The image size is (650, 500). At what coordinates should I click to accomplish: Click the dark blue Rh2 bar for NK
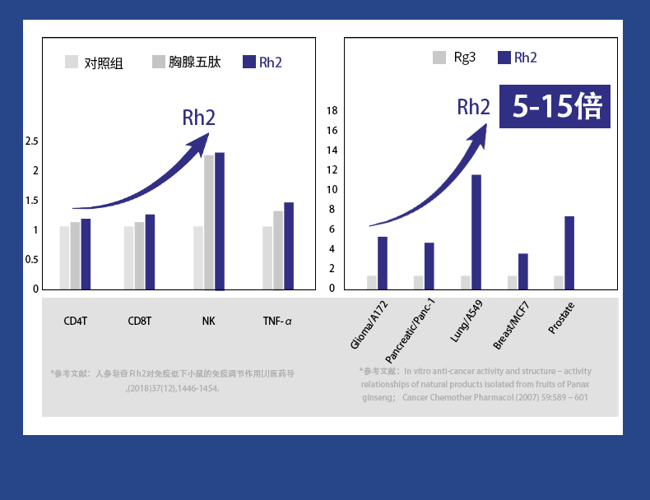click(220, 220)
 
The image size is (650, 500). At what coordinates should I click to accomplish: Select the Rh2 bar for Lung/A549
click(476, 231)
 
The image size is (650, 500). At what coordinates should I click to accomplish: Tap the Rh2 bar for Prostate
click(569, 252)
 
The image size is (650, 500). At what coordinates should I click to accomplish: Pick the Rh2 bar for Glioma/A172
click(383, 262)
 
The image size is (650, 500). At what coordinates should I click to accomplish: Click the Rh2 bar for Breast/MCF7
click(523, 271)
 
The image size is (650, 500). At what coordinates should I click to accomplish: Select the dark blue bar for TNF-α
click(289, 245)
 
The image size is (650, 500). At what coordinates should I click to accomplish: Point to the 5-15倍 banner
click(555, 107)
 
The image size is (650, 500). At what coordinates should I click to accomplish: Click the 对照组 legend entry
click(94, 62)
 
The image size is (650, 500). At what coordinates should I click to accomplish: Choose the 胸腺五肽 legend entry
click(186, 62)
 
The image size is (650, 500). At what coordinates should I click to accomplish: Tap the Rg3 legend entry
click(454, 58)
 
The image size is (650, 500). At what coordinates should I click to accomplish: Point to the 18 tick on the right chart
click(332, 111)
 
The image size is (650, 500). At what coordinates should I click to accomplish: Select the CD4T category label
click(75, 321)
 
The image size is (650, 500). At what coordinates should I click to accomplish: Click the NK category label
click(209, 321)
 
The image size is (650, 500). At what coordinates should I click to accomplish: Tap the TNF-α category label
click(277, 321)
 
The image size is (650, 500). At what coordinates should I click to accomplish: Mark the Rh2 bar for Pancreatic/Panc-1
click(429, 265)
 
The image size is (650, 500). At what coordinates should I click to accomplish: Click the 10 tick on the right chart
click(332, 190)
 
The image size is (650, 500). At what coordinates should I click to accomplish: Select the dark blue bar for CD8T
click(150, 252)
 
